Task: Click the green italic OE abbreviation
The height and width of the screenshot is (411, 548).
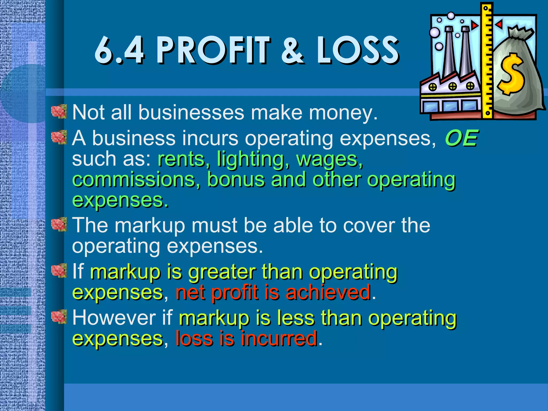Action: (x=461, y=138)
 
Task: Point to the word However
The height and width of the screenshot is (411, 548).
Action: (x=114, y=318)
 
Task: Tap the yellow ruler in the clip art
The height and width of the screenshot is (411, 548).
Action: (x=488, y=62)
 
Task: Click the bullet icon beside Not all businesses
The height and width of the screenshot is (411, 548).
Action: (x=59, y=111)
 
